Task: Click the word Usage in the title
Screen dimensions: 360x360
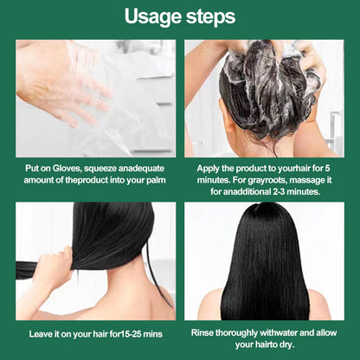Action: pos(151,16)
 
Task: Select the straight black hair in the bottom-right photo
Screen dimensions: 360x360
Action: pos(264,268)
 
